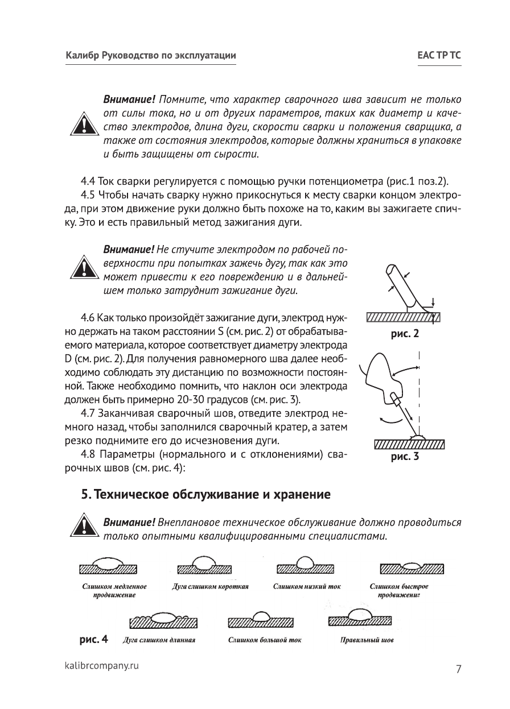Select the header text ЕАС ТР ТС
coord(438,56)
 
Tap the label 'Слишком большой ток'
coord(265,640)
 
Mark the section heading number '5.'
coord(85,494)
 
